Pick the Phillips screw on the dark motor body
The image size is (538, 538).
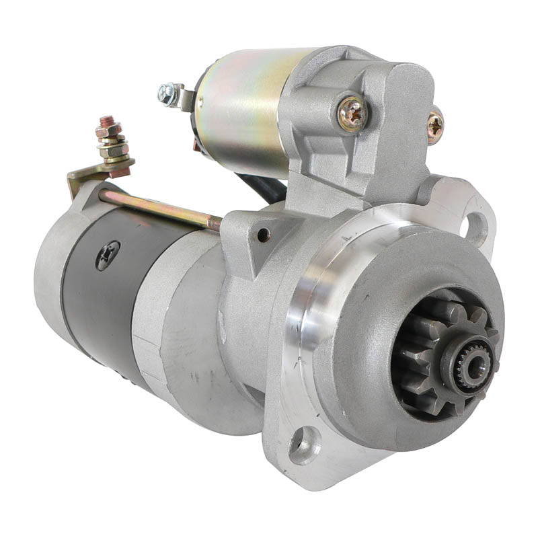click(108, 255)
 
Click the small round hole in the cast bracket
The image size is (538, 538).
click(264, 235)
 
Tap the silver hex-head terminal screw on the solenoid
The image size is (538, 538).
click(166, 94)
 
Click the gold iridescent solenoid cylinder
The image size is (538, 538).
click(242, 108)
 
